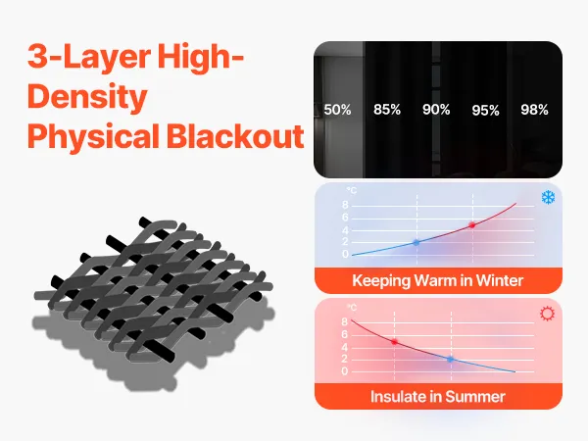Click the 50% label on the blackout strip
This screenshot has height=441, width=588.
click(337, 110)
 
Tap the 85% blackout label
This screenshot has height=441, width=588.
click(387, 110)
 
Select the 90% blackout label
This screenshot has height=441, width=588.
click(436, 110)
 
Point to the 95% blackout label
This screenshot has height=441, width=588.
click(486, 110)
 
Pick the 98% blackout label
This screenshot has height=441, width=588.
click(534, 110)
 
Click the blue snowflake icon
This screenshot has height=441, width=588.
click(548, 197)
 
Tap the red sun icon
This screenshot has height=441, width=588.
click(547, 314)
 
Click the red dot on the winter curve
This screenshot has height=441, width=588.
click(472, 225)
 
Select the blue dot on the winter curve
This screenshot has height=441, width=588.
click(416, 243)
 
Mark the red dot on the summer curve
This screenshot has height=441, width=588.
click(394, 342)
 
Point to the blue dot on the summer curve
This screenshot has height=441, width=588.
click(451, 360)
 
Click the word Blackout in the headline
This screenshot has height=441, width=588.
click(235, 136)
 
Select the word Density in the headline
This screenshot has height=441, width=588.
click(87, 96)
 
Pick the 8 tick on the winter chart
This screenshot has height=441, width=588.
click(345, 205)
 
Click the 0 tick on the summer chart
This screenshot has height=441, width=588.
click(345, 371)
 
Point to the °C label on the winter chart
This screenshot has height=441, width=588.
click(352, 190)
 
